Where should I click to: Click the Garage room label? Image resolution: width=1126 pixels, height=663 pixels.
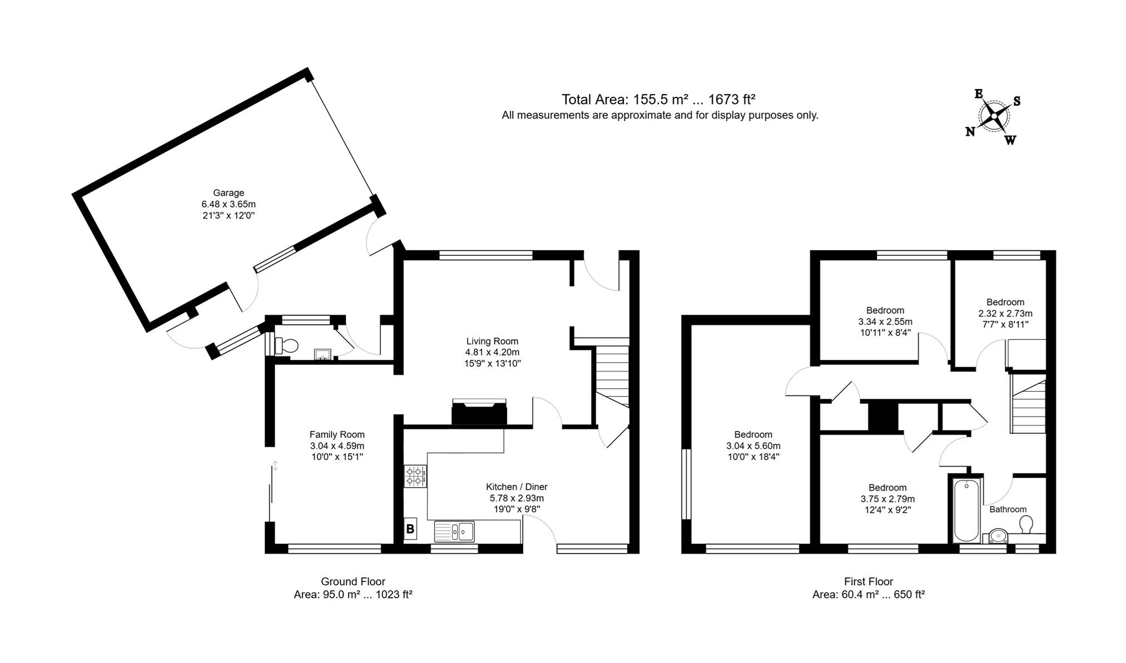click(x=229, y=193)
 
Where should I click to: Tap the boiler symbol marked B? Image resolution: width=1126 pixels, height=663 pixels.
click(x=410, y=529)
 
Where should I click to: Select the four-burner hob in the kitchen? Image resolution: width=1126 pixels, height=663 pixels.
click(x=415, y=476)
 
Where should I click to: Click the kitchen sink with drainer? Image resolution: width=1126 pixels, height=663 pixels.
click(x=454, y=532)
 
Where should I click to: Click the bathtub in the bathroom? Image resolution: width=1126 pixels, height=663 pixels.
click(x=966, y=510)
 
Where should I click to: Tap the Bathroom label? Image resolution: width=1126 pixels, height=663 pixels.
click(x=1008, y=509)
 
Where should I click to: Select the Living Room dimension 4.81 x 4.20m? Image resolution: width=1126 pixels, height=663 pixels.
click(x=492, y=352)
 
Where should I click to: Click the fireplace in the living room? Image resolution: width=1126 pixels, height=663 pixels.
click(x=479, y=413)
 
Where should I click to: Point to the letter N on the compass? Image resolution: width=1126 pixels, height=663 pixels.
click(x=970, y=132)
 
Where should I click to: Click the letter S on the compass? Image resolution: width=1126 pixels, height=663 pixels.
click(x=1017, y=101)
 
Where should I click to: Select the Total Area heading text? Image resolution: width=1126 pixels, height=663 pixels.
click(x=658, y=100)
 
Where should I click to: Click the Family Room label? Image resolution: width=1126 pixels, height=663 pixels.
click(x=337, y=434)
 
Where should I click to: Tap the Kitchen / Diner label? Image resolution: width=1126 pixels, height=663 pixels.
click(x=517, y=487)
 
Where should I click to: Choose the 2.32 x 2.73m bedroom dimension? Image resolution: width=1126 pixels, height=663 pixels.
click(x=1005, y=313)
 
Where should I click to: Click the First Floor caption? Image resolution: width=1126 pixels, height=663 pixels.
click(x=868, y=581)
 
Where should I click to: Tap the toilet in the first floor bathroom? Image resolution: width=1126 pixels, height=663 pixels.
click(x=1026, y=524)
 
